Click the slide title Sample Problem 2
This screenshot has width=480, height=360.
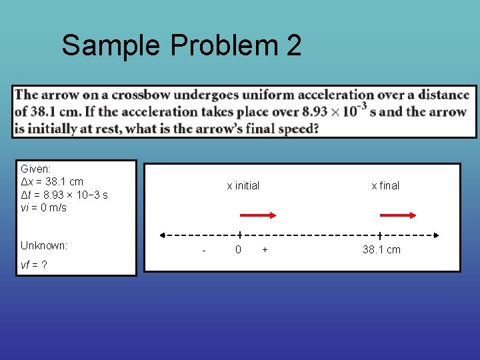coord(181,46)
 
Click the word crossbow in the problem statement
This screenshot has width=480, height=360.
coord(139,95)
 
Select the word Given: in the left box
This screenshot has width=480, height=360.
coord(35,169)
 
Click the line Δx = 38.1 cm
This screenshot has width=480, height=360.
coord(52,181)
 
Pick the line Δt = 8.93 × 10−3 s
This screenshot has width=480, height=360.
coord(64,195)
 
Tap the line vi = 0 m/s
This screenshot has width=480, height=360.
coord(43,207)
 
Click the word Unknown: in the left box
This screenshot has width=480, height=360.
coord(44,245)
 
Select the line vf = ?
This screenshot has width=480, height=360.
coord(33,265)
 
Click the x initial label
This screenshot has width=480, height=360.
coord(243,186)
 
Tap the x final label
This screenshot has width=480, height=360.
coord(385,186)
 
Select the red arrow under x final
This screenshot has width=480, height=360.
coord(398,215)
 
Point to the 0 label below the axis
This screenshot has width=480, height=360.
coord(238,249)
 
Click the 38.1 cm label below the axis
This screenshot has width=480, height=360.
coord(381,249)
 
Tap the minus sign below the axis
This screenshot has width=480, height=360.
coord(203,250)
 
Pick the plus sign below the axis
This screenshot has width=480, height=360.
coord(265,249)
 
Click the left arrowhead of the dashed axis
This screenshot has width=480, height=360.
coord(162,235)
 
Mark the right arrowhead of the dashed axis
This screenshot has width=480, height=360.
coord(436,235)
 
